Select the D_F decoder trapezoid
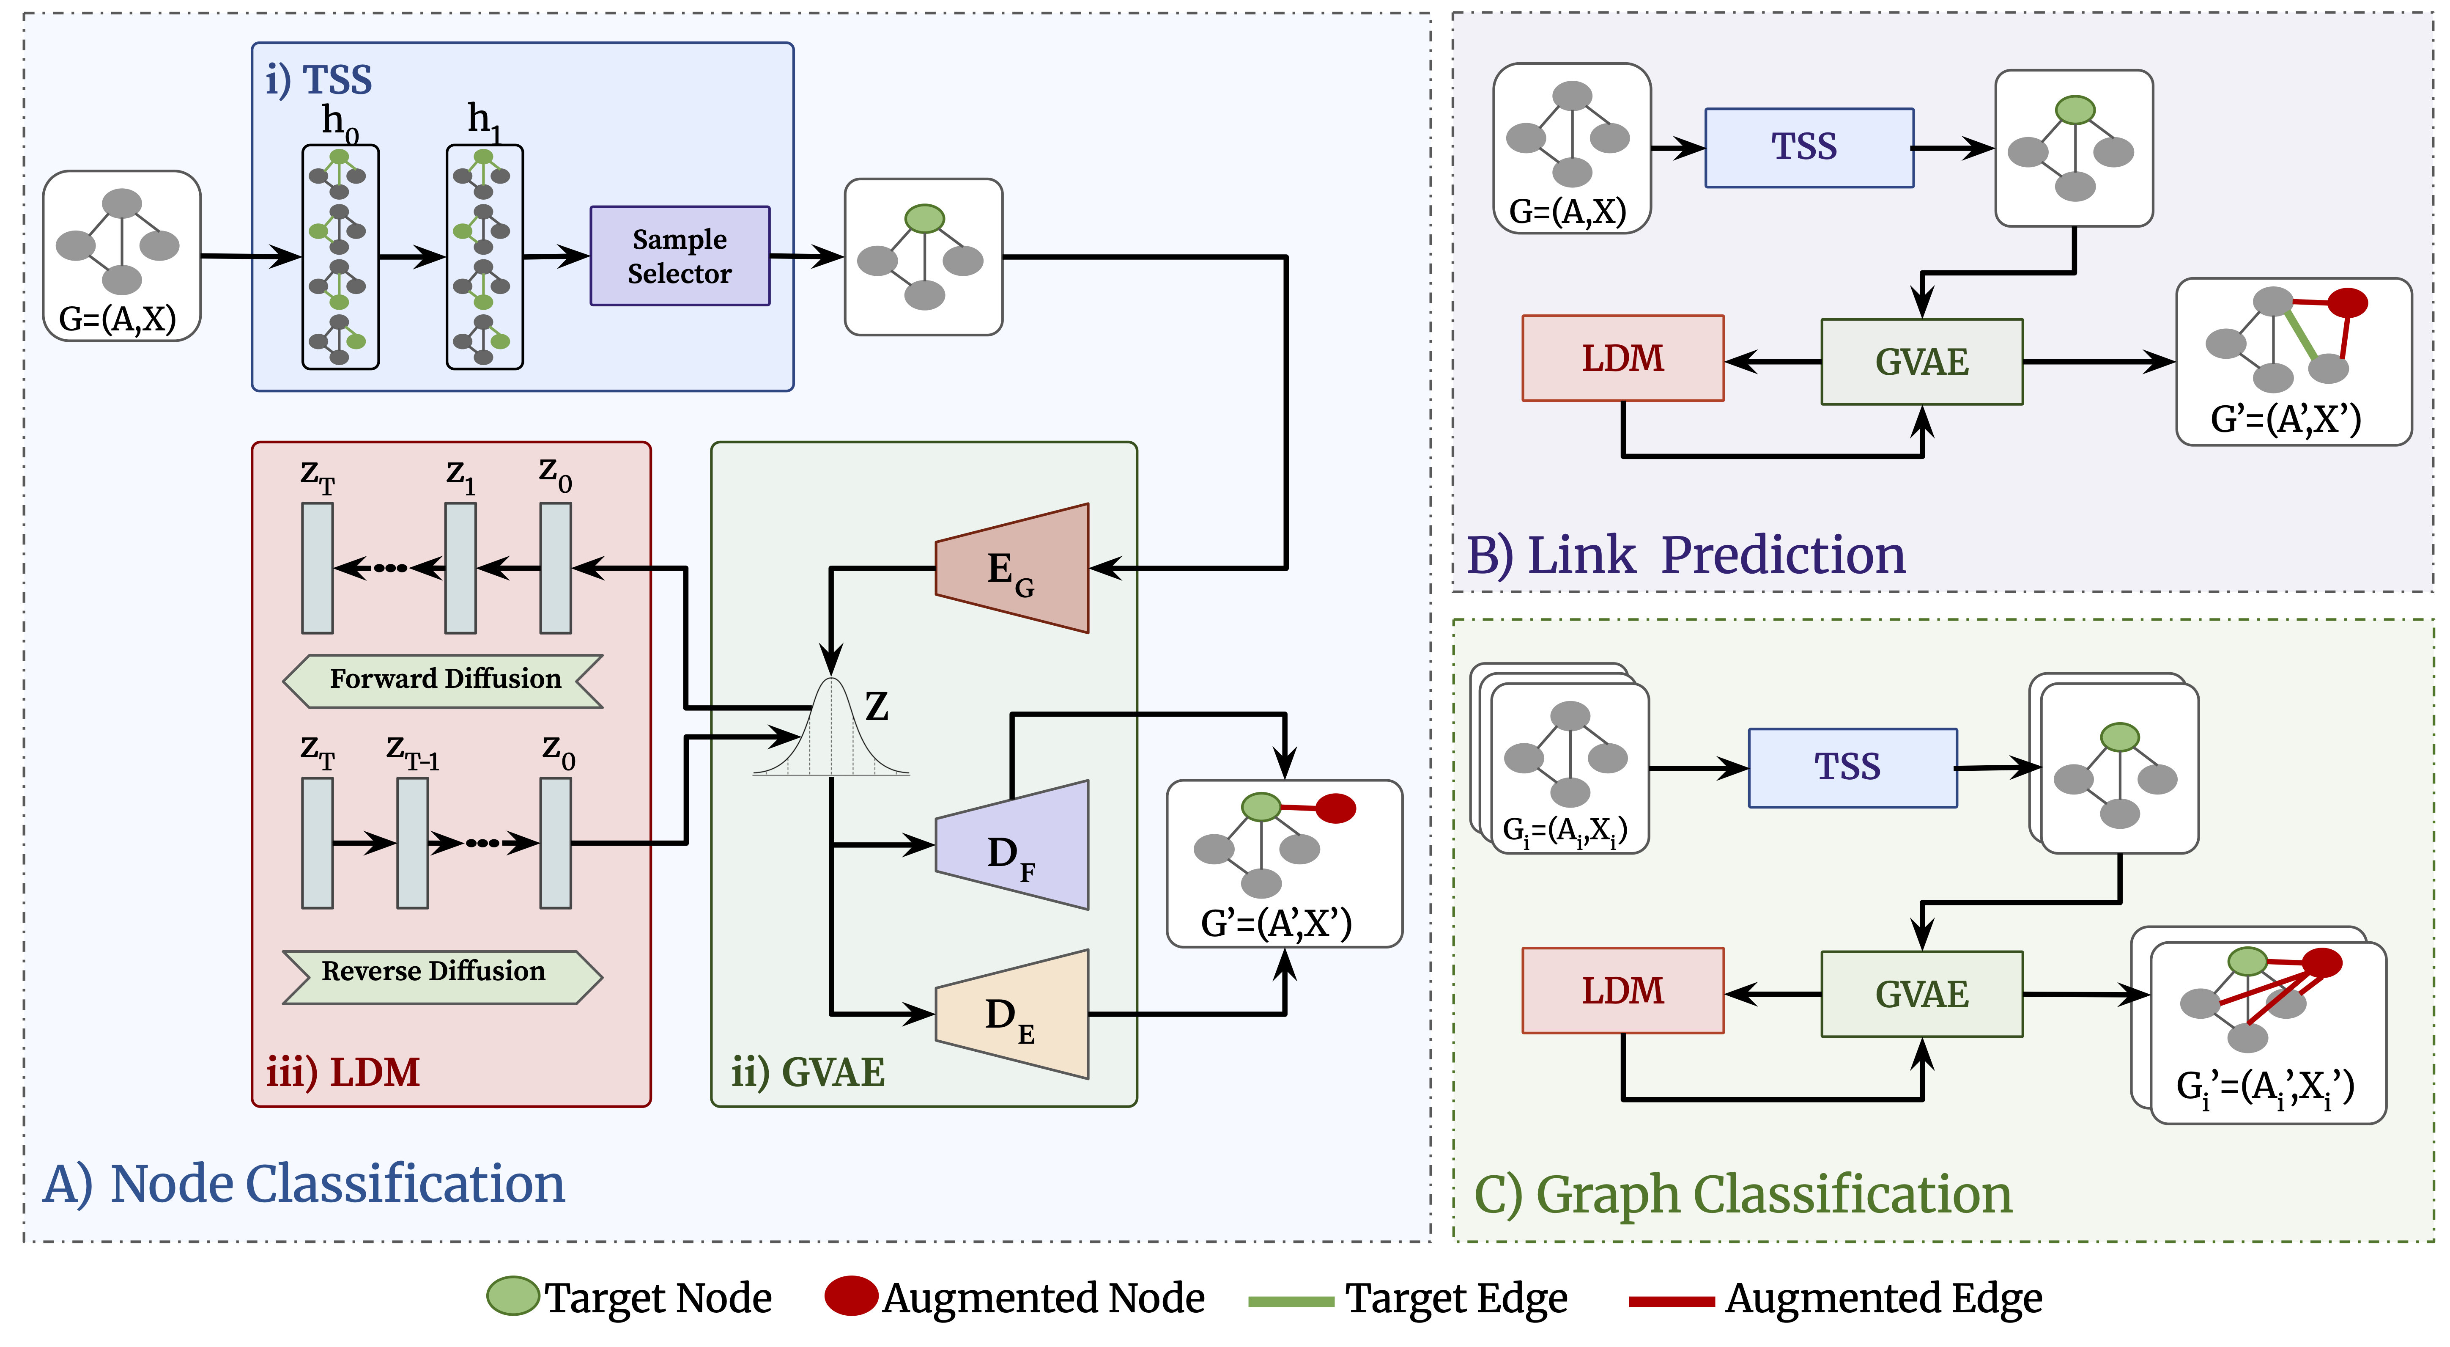(x=1012, y=846)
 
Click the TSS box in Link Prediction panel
(x=1808, y=148)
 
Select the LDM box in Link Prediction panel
(x=1622, y=359)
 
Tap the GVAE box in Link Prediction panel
(x=1921, y=361)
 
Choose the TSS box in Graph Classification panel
(x=1852, y=768)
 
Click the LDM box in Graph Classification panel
(x=1622, y=990)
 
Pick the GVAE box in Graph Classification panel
(x=1921, y=994)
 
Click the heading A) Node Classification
(x=304, y=1184)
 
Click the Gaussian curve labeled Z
(x=831, y=732)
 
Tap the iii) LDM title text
(x=343, y=1072)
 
